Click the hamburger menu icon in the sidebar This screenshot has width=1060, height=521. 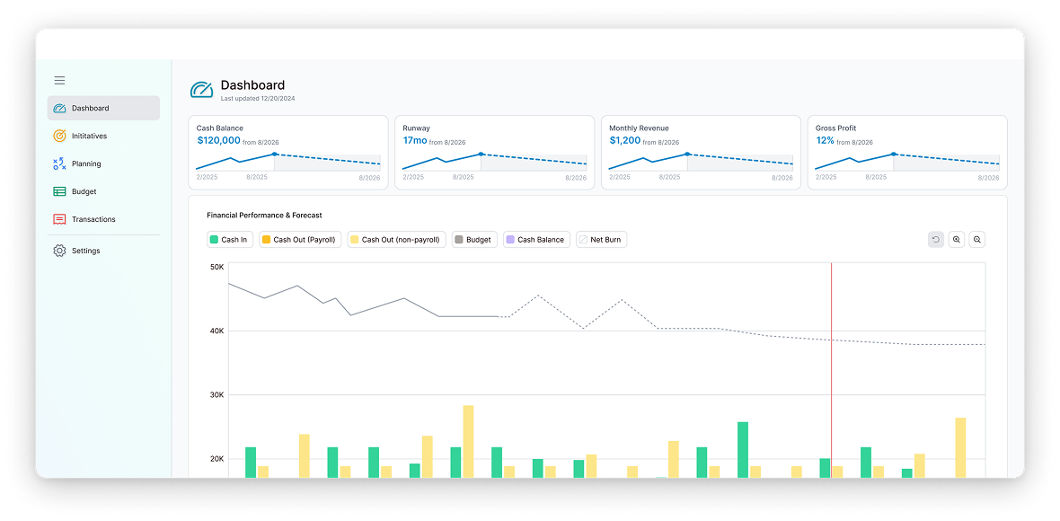click(59, 80)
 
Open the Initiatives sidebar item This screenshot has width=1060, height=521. click(89, 136)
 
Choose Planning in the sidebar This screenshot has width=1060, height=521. click(86, 163)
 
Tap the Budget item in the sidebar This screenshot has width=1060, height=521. click(84, 191)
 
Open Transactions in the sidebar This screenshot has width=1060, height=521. click(93, 219)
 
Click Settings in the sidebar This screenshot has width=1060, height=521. click(85, 251)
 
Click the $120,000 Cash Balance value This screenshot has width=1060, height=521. click(218, 140)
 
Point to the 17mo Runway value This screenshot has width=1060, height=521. click(415, 140)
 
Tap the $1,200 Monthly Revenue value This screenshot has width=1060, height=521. click(625, 140)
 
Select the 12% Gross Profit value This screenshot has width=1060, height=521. click(825, 140)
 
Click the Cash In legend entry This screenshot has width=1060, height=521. click(228, 240)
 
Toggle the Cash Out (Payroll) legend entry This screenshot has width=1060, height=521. click(300, 240)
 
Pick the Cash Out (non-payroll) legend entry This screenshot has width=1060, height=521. click(396, 240)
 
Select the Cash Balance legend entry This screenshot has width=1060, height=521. click(536, 240)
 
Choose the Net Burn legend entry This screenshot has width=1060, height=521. click(601, 240)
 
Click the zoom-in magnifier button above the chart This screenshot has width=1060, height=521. click(957, 240)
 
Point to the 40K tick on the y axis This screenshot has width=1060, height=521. click(216, 331)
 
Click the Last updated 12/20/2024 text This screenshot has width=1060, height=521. click(258, 99)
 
